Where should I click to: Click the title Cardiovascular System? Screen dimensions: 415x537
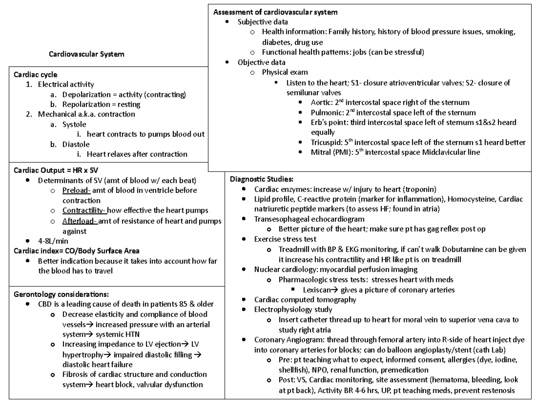click(x=86, y=54)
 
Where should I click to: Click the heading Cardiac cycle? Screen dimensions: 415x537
click(x=35, y=75)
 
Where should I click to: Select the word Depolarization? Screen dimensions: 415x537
click(x=86, y=94)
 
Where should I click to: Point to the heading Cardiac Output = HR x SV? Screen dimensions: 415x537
click(x=55, y=170)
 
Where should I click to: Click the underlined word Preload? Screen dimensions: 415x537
click(x=77, y=190)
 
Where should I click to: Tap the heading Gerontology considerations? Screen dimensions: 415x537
click(x=61, y=294)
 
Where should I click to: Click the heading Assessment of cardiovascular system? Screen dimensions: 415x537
click(x=275, y=12)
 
